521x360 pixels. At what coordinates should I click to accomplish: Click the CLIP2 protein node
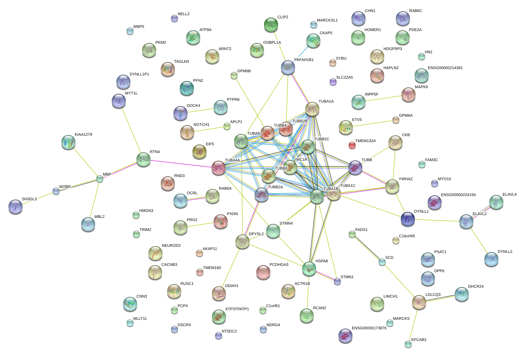(271, 25)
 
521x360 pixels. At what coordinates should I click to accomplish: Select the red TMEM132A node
(352, 145)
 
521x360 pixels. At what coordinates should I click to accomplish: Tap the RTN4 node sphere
(143, 159)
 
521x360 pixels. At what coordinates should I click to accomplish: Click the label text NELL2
(183, 14)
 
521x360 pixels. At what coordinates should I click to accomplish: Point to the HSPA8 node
(309, 269)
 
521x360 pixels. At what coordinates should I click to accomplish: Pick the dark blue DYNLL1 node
(408, 219)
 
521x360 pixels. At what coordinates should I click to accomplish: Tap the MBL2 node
(88, 224)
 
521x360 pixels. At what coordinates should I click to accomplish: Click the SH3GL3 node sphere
(15, 207)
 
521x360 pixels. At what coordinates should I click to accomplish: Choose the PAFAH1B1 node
(288, 67)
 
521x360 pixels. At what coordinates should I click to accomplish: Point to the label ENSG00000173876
(369, 328)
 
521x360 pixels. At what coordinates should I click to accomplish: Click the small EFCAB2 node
(408, 344)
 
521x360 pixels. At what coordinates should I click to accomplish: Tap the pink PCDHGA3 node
(263, 272)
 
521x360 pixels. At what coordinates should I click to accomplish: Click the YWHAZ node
(392, 187)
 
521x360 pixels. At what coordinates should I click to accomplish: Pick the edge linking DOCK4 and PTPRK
(200, 111)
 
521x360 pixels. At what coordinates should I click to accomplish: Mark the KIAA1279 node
(68, 142)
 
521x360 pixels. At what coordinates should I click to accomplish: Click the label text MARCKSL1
(327, 20)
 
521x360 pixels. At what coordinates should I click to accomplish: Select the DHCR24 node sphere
(461, 294)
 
